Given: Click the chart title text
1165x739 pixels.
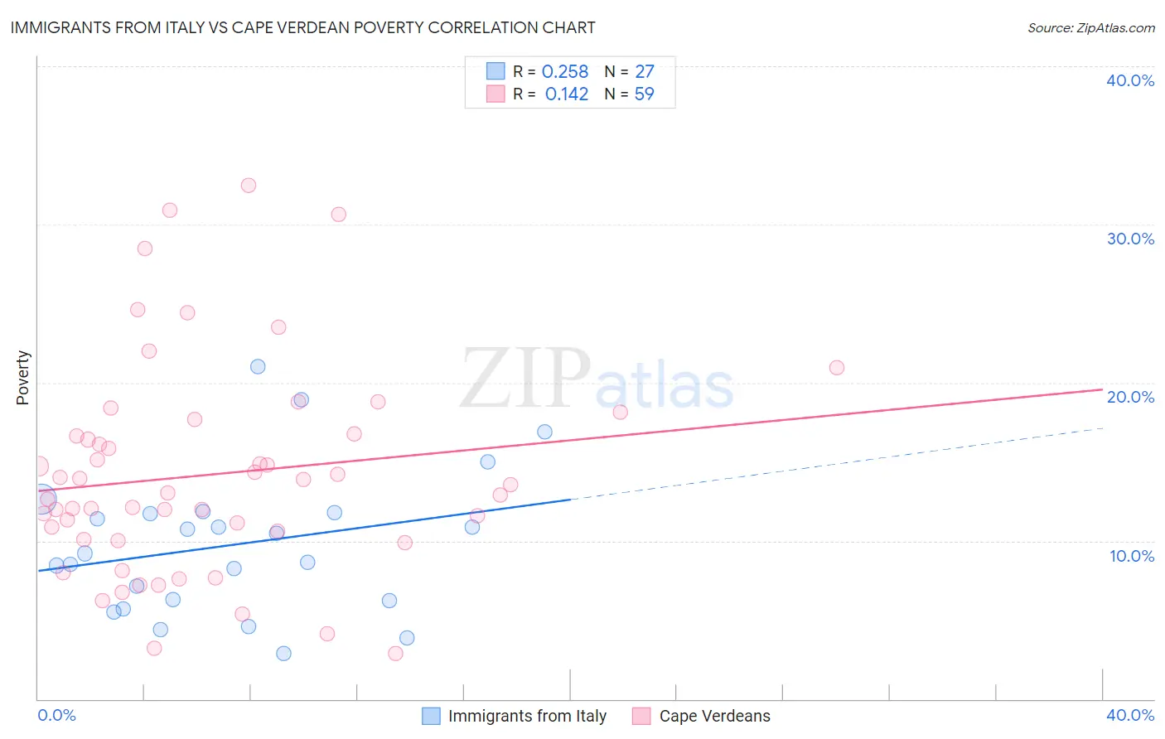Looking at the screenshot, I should click(302, 27).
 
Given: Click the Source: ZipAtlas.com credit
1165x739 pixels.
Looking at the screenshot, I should click(1090, 27).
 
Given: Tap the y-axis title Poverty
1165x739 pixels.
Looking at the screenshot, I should click(22, 378).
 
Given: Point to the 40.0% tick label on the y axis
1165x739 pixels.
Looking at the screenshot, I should click(1130, 80).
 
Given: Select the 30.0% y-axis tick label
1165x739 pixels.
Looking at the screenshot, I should click(1130, 239).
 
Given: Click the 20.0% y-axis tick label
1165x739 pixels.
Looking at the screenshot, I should click(1130, 397).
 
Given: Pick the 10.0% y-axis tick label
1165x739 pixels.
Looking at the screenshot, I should click(1132, 556).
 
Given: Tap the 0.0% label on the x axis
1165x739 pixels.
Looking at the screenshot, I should click(56, 715).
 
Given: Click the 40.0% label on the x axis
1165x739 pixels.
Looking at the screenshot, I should click(1130, 715).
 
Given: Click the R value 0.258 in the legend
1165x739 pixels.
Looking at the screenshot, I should click(565, 72).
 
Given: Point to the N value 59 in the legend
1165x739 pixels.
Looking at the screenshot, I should click(644, 94).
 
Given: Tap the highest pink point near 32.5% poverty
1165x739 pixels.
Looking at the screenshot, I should click(249, 186).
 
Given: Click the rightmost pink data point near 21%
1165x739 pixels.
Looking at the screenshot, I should click(837, 368).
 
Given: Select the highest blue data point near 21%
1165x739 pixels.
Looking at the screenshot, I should click(258, 366).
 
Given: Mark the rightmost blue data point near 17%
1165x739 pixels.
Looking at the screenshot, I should click(544, 432).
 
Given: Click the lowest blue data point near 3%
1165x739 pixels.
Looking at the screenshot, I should click(283, 653).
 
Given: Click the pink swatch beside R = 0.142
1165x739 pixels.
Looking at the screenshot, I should click(495, 94).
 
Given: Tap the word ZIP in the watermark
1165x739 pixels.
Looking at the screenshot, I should click(524, 379).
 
